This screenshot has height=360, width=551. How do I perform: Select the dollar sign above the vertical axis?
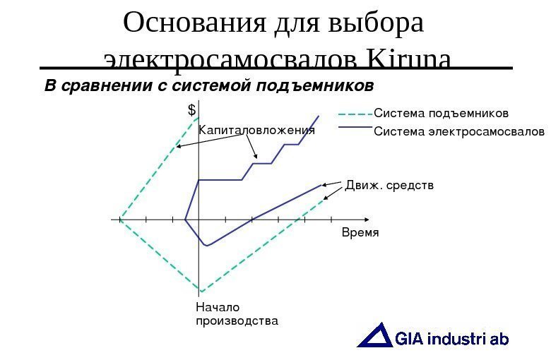(x=191, y=110)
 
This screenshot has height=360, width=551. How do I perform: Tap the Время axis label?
(x=360, y=232)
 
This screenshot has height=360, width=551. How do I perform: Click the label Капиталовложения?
(x=256, y=131)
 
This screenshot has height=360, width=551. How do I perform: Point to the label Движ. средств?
(x=389, y=186)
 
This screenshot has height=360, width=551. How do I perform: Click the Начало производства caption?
(x=236, y=314)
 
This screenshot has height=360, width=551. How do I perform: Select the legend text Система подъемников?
(x=441, y=113)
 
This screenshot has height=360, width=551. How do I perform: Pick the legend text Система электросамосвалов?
(x=458, y=131)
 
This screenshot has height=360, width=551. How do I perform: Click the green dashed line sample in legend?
(x=355, y=113)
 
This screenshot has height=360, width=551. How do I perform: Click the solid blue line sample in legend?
(x=355, y=128)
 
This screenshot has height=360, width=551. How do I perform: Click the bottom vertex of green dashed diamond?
(x=201, y=291)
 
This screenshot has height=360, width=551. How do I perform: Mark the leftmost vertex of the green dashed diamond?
(x=119, y=220)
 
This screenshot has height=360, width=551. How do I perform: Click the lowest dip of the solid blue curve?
(x=206, y=246)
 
